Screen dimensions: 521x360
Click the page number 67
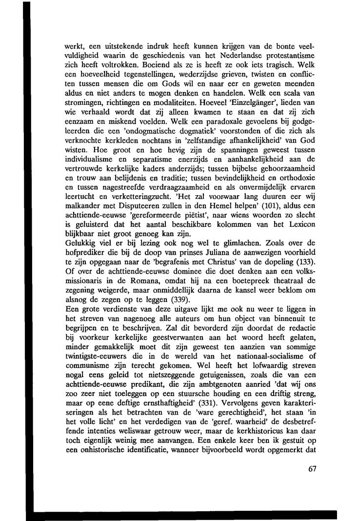coord(313,469)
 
